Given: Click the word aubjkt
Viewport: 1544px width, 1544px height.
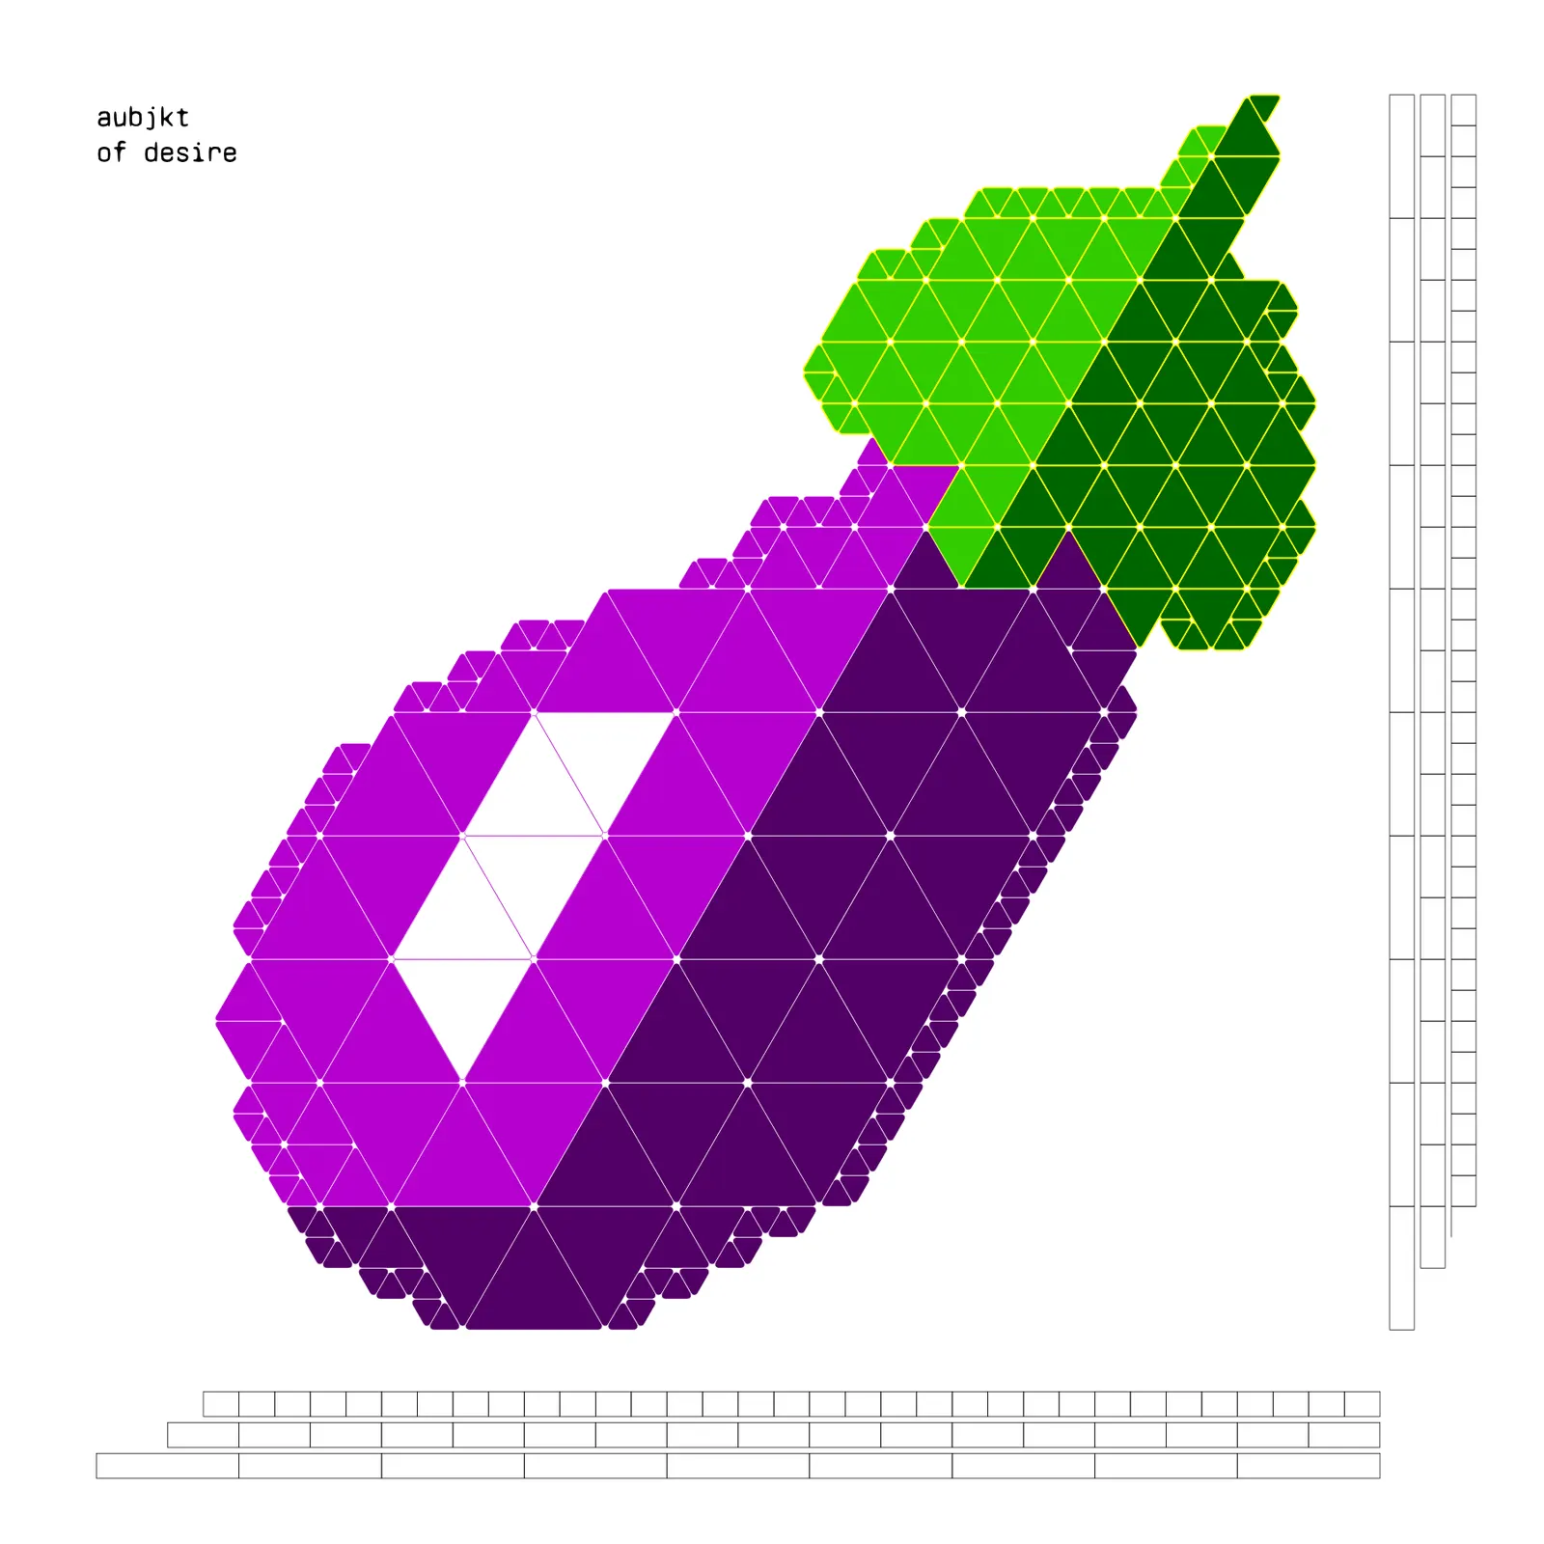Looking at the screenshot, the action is [143, 118].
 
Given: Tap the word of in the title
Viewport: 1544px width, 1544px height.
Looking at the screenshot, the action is [111, 152].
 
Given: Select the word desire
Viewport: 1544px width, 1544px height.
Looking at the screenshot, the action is [190, 152].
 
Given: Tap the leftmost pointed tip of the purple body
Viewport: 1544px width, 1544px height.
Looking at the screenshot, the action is [217, 1019].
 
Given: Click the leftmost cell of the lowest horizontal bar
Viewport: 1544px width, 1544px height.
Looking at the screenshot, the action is [167, 1465].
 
